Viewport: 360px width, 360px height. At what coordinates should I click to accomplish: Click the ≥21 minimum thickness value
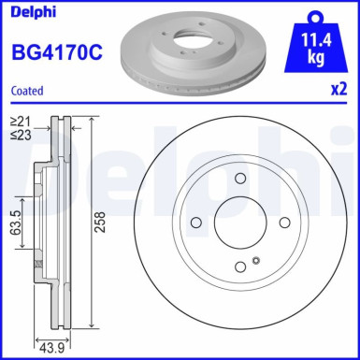tap(20, 122)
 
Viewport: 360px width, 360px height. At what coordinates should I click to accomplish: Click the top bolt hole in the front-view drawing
tap(239, 178)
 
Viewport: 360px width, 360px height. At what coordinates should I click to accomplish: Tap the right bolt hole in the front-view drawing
tap(284, 223)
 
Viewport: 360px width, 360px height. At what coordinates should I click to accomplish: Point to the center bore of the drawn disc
tap(239, 223)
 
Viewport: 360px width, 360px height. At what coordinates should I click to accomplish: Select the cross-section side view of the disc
tap(54, 222)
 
